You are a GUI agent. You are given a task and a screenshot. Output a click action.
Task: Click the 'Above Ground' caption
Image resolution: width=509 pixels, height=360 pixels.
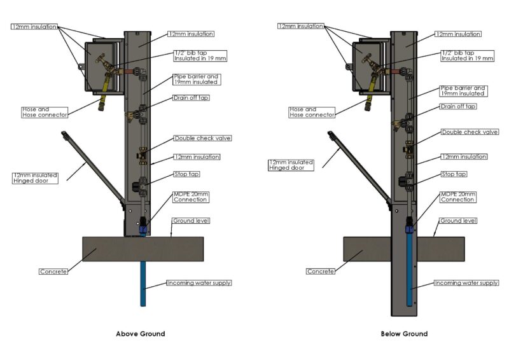tap(140, 334)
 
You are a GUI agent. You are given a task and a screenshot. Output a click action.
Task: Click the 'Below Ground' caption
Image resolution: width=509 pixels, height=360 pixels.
tap(404, 334)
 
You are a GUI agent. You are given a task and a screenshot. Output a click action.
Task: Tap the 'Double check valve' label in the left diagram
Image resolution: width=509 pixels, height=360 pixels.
tap(202, 138)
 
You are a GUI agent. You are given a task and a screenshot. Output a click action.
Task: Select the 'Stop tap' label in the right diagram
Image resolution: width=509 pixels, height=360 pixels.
tap(454, 174)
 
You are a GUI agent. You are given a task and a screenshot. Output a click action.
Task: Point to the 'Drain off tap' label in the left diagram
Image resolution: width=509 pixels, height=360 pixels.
tap(191, 98)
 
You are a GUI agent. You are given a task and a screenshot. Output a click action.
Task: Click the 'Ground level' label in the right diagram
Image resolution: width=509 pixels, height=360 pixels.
tap(458, 221)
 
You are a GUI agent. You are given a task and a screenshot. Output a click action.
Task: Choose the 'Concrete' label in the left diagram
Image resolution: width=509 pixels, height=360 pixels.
tap(53, 272)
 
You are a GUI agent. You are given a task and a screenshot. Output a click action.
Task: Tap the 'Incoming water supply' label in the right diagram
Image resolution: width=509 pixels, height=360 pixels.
tap(466, 283)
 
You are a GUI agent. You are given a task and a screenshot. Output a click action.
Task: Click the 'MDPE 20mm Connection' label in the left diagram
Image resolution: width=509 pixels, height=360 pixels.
tap(190, 197)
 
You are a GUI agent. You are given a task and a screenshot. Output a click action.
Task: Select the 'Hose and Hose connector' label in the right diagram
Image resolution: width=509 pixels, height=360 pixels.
tap(312, 113)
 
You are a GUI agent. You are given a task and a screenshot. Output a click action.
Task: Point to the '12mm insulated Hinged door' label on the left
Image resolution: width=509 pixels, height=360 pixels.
tap(36, 178)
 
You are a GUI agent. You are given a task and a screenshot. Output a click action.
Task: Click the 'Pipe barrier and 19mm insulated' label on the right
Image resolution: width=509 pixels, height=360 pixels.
tap(463, 91)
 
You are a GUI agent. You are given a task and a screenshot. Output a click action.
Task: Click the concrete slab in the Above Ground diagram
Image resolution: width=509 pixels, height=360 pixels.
tap(143, 249)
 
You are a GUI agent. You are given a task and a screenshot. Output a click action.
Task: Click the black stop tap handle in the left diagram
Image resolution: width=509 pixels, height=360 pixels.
tap(136, 186)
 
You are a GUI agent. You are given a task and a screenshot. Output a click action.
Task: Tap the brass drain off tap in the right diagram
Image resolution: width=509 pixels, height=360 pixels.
tap(398, 125)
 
